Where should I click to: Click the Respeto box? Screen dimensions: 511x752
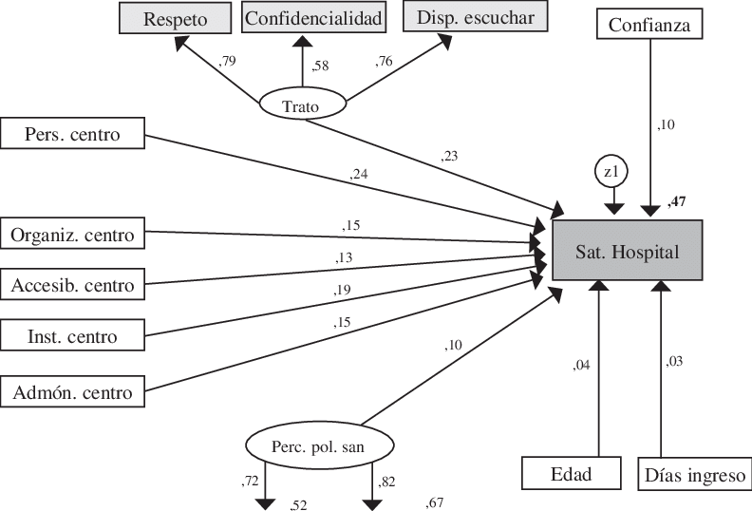(176, 18)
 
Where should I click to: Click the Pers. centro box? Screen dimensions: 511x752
(73, 134)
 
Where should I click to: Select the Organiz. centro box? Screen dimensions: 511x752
(73, 233)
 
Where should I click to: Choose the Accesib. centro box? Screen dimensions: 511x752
(73, 284)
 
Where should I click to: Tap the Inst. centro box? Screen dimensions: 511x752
(73, 336)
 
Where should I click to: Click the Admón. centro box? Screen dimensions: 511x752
(73, 389)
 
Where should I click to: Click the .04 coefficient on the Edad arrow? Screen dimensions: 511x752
(581, 364)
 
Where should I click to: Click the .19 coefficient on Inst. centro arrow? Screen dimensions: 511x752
(343, 290)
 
